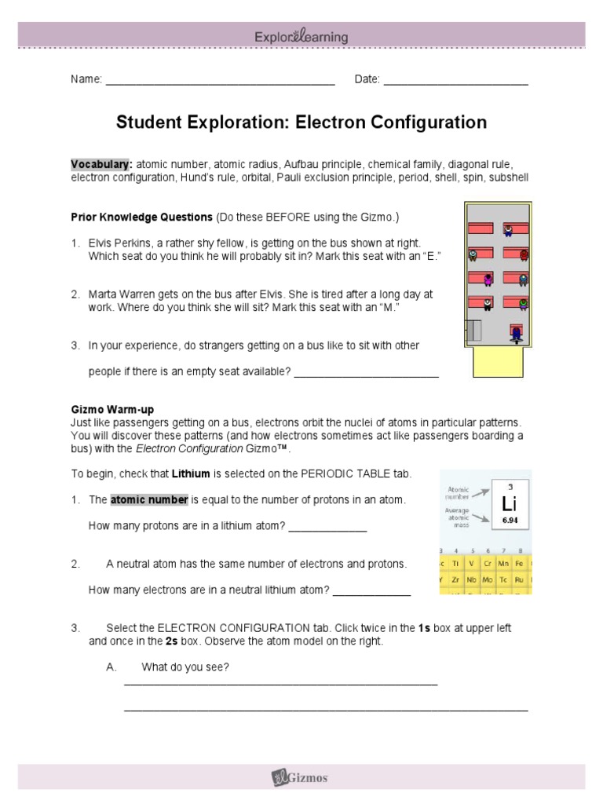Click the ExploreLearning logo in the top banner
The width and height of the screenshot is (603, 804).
coord(301,37)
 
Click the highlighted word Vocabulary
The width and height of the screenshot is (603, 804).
coord(101,164)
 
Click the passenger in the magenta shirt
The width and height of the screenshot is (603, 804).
coord(488,279)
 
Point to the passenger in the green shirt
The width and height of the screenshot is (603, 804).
coord(523,303)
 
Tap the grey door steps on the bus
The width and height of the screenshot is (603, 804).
coord(475,331)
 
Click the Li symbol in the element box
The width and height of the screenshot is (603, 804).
coord(510,504)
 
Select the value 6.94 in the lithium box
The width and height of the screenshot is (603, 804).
coord(510,521)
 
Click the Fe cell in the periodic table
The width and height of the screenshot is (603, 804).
coord(526,563)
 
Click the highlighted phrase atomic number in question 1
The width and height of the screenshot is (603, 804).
coord(149,500)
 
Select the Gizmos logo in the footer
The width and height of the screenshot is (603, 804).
coord(301,777)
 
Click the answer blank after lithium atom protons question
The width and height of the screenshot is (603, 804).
coord(327,527)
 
